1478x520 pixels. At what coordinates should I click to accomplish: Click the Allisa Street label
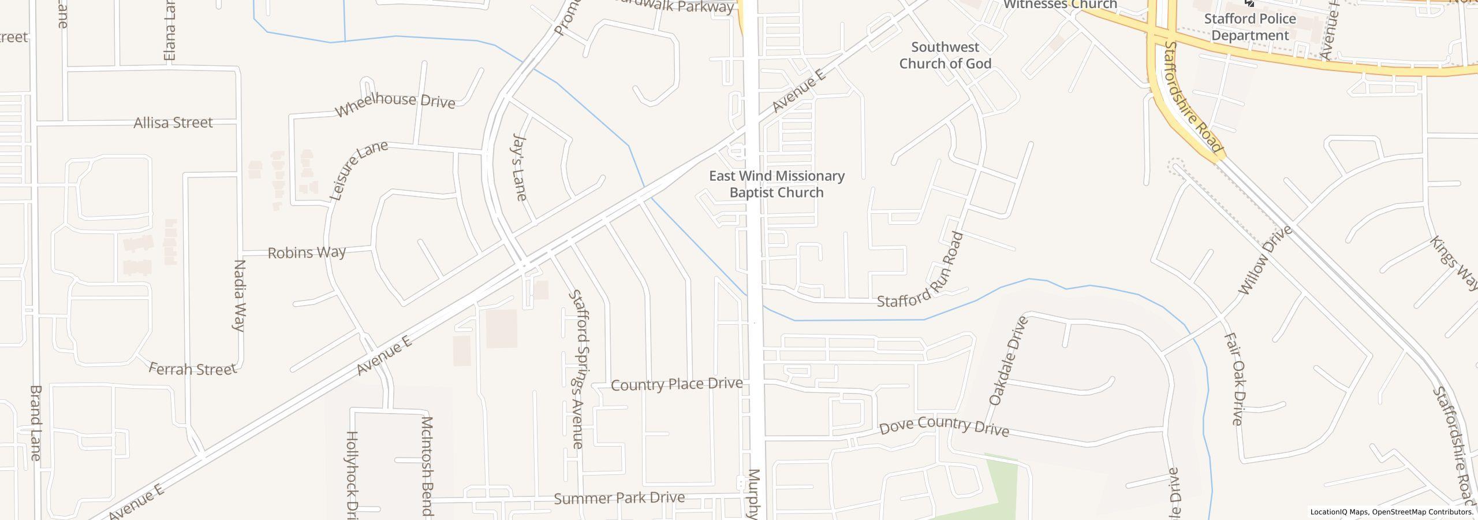173,122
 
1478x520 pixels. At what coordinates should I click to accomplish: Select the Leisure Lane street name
359,170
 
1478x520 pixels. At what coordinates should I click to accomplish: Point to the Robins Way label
307,252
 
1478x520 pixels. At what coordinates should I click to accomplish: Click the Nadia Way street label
239,295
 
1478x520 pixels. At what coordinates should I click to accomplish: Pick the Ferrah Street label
193,369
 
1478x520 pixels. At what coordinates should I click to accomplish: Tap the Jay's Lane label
520,167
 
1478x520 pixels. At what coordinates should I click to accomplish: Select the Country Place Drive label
677,384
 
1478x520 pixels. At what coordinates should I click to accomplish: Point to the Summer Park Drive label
619,497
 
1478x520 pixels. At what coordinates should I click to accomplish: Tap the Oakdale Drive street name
1009,361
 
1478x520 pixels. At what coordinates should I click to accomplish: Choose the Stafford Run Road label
921,269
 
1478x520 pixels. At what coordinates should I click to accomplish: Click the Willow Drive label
1266,260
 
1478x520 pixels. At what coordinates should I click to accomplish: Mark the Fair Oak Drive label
1233,379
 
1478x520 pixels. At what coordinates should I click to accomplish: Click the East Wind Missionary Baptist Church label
777,184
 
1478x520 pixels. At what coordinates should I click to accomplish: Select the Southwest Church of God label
945,55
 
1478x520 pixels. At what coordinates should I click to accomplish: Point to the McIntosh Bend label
427,465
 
